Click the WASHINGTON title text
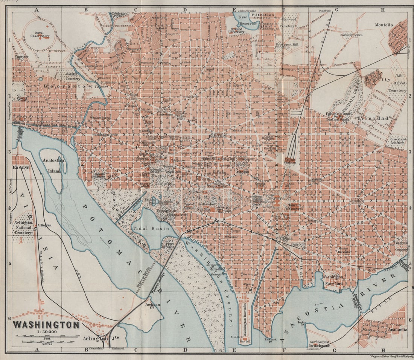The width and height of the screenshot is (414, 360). coord(46,324)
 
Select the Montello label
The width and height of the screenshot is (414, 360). coord(384,25)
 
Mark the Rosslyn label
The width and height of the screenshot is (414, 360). coord(21,167)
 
